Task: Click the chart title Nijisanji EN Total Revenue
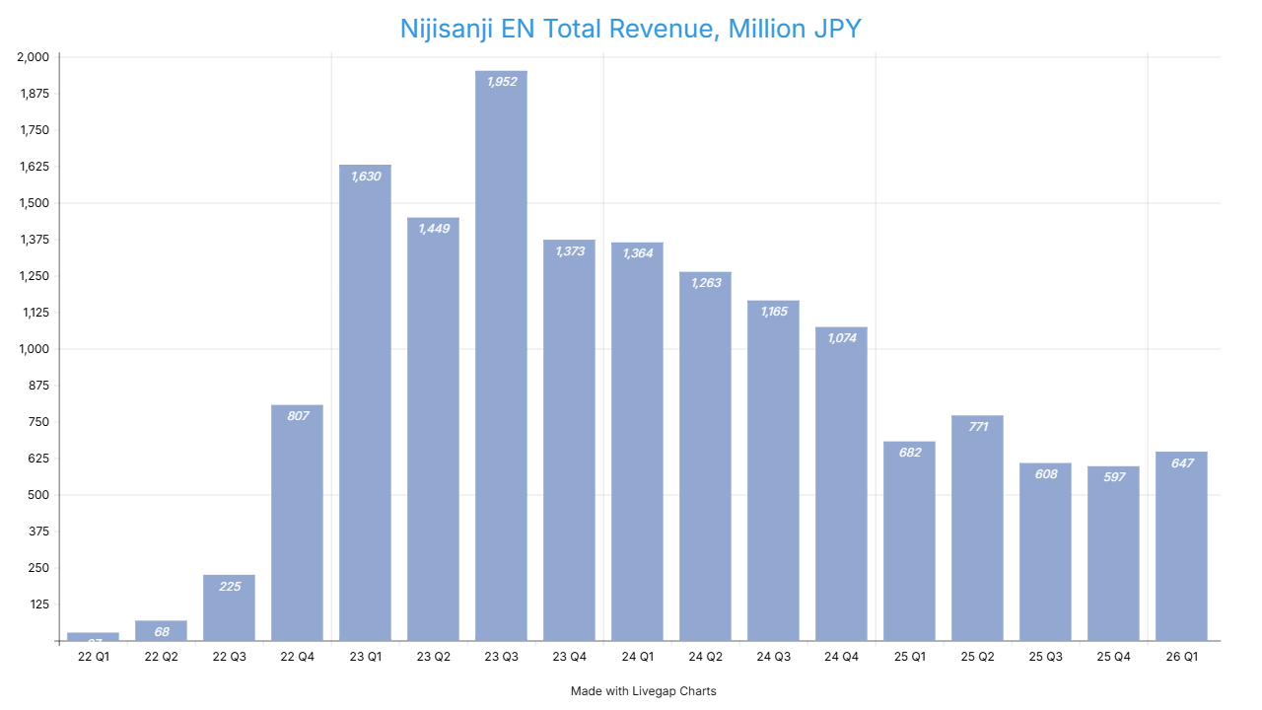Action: point(631,29)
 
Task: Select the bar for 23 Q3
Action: point(501,355)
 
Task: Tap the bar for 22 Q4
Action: point(297,523)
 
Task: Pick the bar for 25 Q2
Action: point(977,528)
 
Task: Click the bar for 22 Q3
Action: point(229,607)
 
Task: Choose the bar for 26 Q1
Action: point(1181,546)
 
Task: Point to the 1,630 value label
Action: point(365,177)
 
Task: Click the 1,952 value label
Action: point(501,82)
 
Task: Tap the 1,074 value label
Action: point(841,338)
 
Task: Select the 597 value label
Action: point(1113,478)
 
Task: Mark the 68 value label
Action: point(161,631)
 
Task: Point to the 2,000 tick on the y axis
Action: point(33,57)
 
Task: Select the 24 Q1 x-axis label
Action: point(637,657)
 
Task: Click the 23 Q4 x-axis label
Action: point(569,657)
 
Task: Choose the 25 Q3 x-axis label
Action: point(1045,657)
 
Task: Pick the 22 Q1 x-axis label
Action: point(93,657)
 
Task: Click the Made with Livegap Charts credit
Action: point(643,691)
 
